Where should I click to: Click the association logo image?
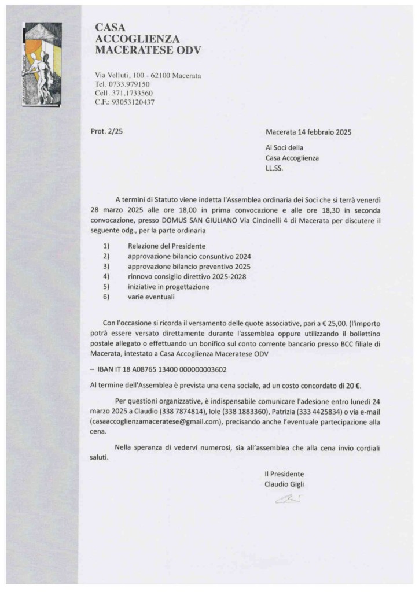[41, 64]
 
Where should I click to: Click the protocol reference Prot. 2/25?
[107, 132]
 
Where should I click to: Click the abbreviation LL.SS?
[276, 168]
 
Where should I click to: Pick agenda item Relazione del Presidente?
[167, 246]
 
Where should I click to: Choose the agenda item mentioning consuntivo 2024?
[189, 256]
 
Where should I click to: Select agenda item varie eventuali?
[151, 297]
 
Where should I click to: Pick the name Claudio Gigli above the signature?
[284, 484]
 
